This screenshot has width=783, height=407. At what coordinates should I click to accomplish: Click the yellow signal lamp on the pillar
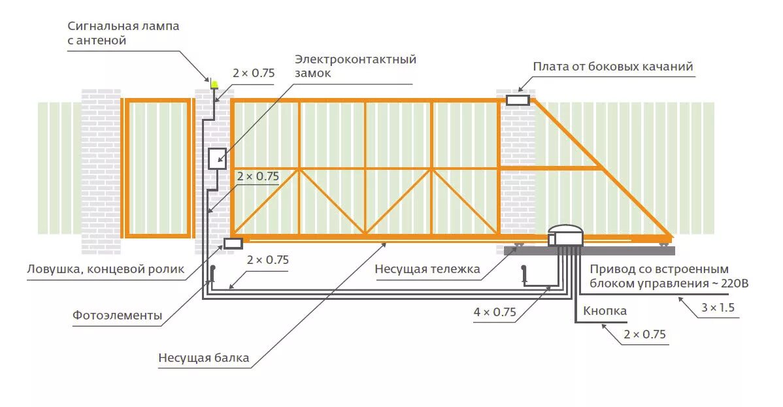(x=214, y=84)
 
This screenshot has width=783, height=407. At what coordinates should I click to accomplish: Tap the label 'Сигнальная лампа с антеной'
(x=123, y=33)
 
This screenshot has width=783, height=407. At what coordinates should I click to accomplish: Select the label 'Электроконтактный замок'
(x=355, y=66)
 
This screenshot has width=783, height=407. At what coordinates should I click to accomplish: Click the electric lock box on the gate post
(x=217, y=159)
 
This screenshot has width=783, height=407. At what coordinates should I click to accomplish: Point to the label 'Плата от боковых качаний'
(x=612, y=67)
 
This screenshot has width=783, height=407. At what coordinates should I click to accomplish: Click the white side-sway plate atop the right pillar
(x=518, y=100)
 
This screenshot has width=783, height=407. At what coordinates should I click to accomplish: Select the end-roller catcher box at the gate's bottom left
(x=233, y=243)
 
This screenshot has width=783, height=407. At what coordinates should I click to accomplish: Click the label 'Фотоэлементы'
(x=117, y=316)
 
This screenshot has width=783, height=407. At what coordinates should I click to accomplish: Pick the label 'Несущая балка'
(x=203, y=357)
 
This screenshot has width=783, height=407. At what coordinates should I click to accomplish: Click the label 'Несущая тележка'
(x=427, y=269)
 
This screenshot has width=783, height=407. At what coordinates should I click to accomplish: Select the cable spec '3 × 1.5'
(x=717, y=306)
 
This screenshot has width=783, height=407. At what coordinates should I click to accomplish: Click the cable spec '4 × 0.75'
(x=495, y=312)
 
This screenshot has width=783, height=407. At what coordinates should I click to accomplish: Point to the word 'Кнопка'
(x=605, y=311)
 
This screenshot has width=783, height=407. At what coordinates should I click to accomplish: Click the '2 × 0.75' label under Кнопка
(x=644, y=334)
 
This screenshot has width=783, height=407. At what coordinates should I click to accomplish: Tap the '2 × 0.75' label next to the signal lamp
(x=254, y=73)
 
